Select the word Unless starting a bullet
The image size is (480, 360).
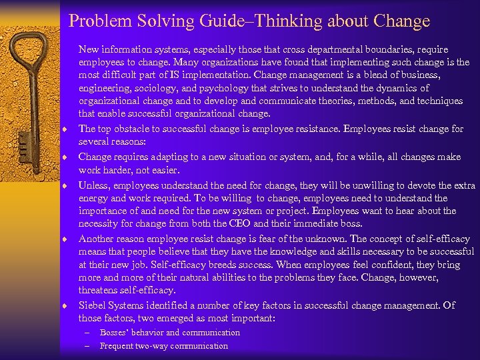click(93, 185)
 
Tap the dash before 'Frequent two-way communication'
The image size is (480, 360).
click(87, 345)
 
